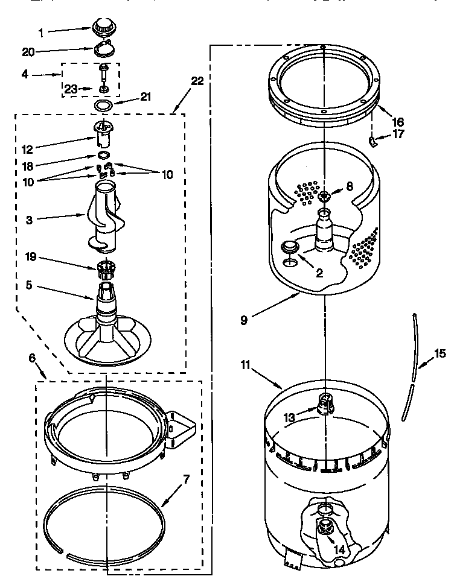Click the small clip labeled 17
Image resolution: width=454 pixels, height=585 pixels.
click(373, 142)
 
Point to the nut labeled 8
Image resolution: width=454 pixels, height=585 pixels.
click(324, 195)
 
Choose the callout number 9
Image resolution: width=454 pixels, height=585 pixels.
click(243, 320)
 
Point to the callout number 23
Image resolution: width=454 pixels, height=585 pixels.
click(71, 89)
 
